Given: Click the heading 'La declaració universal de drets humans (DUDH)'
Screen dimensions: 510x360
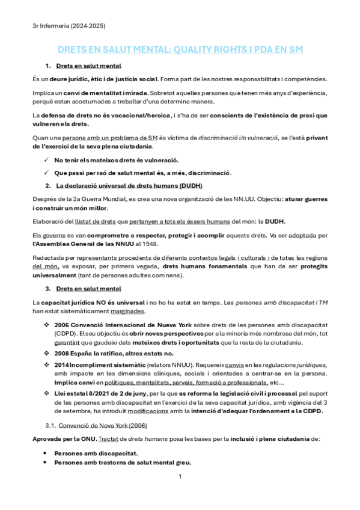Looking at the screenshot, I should (129, 185).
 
